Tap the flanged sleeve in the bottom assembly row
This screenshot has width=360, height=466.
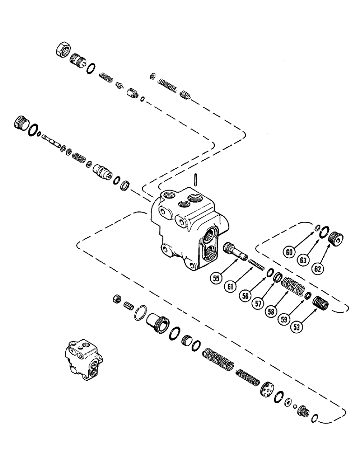(157, 322)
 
